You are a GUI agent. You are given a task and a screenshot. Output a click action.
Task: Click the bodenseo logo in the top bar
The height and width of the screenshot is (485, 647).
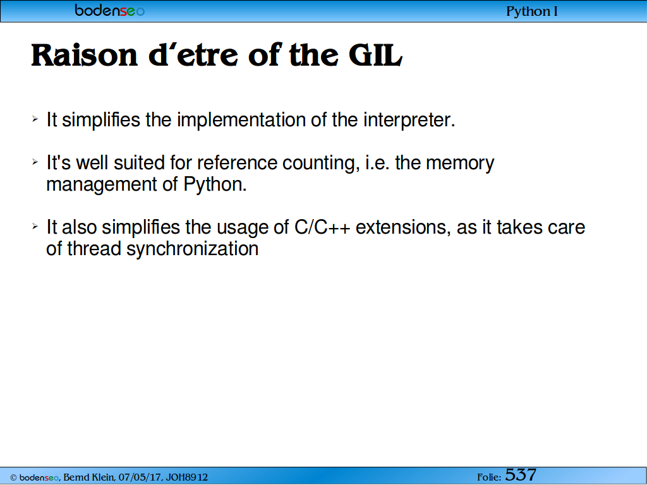tap(110, 10)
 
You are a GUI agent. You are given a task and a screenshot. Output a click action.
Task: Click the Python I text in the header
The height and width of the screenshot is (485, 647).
tap(531, 11)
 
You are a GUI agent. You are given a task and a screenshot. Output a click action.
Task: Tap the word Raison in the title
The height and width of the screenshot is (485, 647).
tap(84, 55)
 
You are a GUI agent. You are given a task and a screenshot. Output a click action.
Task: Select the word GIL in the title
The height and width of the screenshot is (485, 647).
tap(375, 55)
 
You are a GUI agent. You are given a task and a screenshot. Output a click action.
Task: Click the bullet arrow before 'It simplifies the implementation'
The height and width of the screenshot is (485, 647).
tap(35, 119)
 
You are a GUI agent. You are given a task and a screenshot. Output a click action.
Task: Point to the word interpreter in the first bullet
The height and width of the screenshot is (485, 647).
tap(409, 120)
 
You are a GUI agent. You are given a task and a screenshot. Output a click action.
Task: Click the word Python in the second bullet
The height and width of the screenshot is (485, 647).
tap(215, 184)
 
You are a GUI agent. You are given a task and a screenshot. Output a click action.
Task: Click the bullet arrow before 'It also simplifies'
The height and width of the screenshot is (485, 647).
tap(35, 227)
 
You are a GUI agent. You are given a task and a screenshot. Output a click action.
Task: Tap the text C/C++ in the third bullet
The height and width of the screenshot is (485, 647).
tap(322, 227)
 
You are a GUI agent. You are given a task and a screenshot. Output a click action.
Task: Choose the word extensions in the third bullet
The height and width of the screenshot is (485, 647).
tap(403, 227)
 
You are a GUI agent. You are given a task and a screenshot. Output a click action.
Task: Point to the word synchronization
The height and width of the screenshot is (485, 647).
tap(192, 249)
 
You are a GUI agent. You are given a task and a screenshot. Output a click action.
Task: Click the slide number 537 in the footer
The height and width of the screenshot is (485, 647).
tap(521, 475)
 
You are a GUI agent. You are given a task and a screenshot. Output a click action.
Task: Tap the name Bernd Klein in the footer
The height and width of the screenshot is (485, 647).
tap(88, 477)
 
